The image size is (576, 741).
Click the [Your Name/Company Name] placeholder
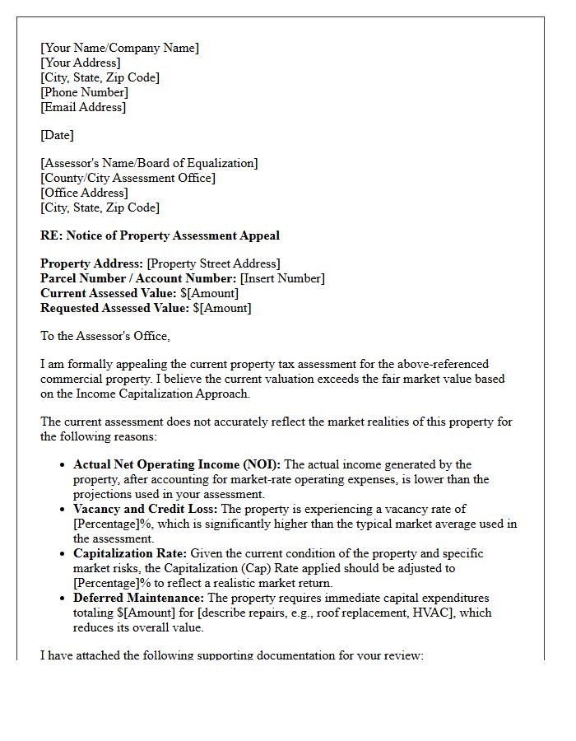[119, 48]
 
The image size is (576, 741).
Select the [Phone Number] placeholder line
[84, 92]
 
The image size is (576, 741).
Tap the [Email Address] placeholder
[83, 107]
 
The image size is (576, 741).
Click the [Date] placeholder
[57, 135]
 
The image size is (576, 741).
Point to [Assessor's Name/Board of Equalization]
[149, 163]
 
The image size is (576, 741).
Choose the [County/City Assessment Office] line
[128, 178]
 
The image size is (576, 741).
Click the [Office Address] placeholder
[84, 193]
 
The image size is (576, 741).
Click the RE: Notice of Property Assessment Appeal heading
[160, 235]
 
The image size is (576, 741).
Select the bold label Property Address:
[91, 263]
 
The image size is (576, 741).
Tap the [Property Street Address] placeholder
[213, 263]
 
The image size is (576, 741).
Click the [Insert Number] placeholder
[282, 278]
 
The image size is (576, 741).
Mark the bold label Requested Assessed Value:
[114, 308]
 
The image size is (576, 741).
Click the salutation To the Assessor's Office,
[105, 336]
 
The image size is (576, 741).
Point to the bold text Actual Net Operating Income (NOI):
[177, 464]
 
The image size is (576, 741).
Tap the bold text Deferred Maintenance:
[139, 598]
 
